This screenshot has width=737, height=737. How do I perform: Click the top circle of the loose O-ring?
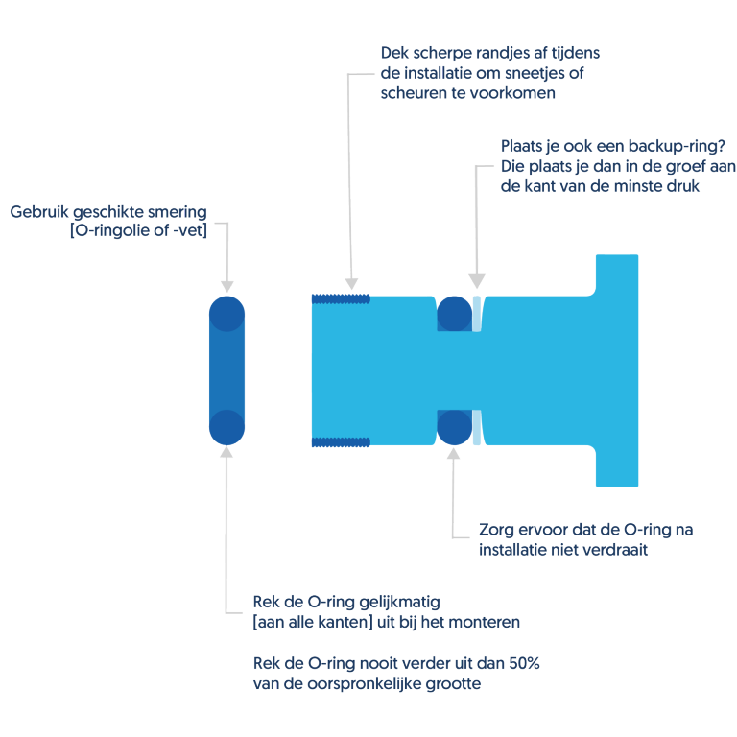[x=227, y=313]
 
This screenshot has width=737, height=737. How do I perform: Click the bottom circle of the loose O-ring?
[x=227, y=426]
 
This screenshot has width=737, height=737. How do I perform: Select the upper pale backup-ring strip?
[x=477, y=313]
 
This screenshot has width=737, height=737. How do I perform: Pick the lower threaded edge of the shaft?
[x=341, y=441]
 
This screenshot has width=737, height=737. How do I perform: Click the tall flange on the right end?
[x=616, y=369]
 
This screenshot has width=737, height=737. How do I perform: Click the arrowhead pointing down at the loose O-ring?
[x=227, y=286]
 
